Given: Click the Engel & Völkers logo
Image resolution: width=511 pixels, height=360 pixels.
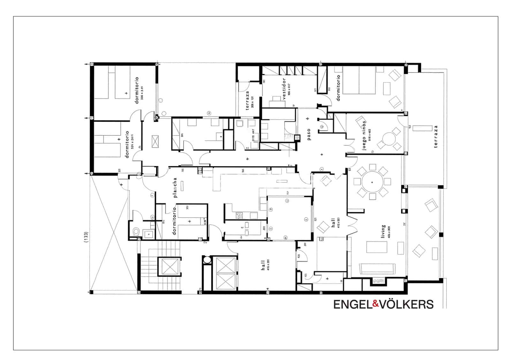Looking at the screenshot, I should click(383, 304).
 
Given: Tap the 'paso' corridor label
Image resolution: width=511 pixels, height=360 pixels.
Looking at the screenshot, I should click(309, 134).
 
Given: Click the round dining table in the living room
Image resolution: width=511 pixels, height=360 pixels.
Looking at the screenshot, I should click(372, 182).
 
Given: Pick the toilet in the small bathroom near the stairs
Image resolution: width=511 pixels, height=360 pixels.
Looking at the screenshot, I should click(135, 231).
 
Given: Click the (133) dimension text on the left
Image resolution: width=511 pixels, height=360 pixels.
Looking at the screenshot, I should click(86, 238).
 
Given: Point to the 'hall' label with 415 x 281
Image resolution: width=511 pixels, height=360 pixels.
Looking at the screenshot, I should click(263, 265).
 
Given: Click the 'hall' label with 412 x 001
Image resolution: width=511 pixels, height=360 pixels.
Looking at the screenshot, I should click(333, 222).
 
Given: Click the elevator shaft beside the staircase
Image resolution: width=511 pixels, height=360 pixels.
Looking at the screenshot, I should click(169, 266).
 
